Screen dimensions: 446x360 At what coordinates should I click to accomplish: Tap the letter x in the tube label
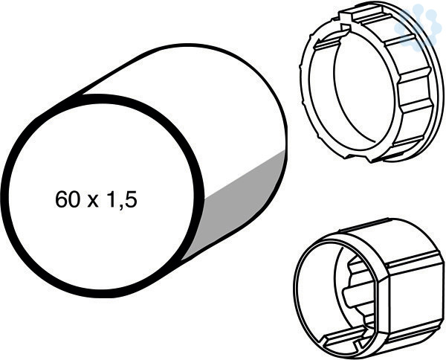(93, 202)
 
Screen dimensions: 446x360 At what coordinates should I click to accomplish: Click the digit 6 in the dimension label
(61, 199)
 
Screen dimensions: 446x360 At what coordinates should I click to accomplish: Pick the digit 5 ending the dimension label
(131, 199)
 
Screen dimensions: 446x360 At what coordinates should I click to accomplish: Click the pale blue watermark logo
(416, 25)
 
